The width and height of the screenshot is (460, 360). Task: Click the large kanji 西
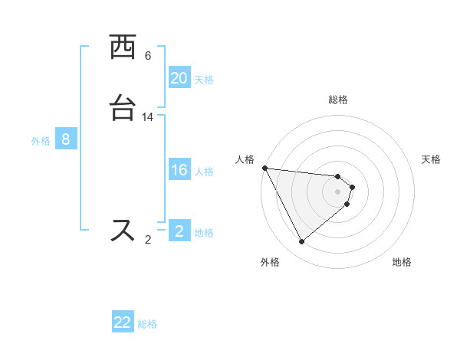point(123,47)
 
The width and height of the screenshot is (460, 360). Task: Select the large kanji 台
point(123,108)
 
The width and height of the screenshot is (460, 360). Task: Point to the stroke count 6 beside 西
point(148,56)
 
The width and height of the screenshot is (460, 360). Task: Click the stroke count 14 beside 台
point(148,117)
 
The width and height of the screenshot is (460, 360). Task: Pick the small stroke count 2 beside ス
point(148,240)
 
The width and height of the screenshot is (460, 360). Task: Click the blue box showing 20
point(179,78)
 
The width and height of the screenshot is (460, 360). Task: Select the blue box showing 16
point(179,170)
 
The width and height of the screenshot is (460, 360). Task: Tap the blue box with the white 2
point(179,231)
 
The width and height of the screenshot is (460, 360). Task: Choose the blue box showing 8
point(66,139)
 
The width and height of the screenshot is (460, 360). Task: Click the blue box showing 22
point(123,322)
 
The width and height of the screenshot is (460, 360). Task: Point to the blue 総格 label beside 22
point(147,324)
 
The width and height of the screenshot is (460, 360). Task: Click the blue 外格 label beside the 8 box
point(41,141)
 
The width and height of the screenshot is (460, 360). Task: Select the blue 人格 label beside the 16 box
point(204,172)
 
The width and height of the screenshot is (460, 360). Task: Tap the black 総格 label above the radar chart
point(338,100)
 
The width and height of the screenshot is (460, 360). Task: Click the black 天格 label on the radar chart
point(432,159)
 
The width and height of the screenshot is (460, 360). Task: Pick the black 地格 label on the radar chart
point(402,262)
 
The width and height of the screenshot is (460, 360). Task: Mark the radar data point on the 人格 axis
point(264,168)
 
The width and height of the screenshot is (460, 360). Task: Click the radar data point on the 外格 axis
point(301,242)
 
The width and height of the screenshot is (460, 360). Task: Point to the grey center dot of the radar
point(338,191)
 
